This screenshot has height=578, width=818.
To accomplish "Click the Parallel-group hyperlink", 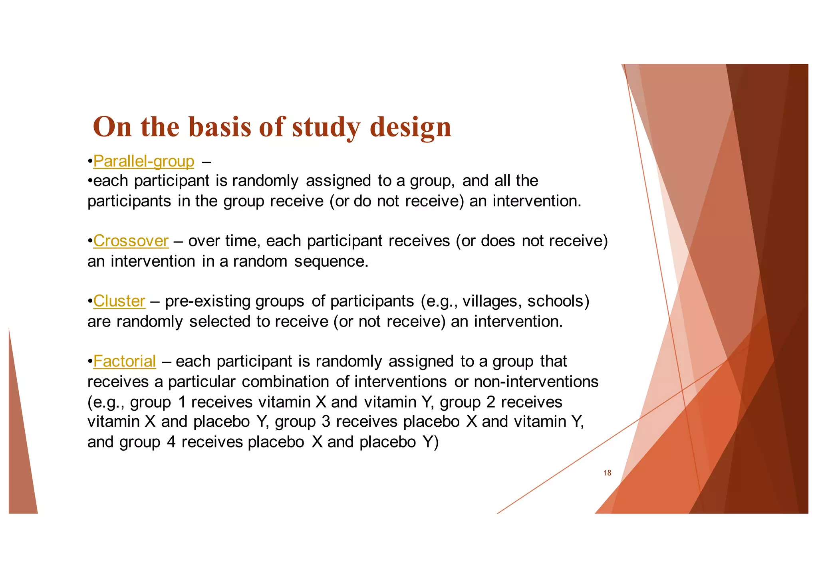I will click(144, 161).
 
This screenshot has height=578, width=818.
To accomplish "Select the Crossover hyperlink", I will click(131, 241).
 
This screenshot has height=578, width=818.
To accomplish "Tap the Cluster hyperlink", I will click(119, 301).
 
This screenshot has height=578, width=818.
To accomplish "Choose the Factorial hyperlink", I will click(125, 361).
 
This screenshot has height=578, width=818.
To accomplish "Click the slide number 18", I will click(607, 473).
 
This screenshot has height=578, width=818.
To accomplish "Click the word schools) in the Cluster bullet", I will click(558, 301).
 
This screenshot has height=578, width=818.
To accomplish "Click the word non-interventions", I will click(536, 382).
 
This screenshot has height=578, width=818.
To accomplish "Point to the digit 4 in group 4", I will click(171, 442).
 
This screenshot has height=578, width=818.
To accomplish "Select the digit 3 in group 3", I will click(326, 422).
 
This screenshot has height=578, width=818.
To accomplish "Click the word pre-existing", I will click(207, 301).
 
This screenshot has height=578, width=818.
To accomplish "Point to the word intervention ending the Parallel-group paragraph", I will click(536, 201).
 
